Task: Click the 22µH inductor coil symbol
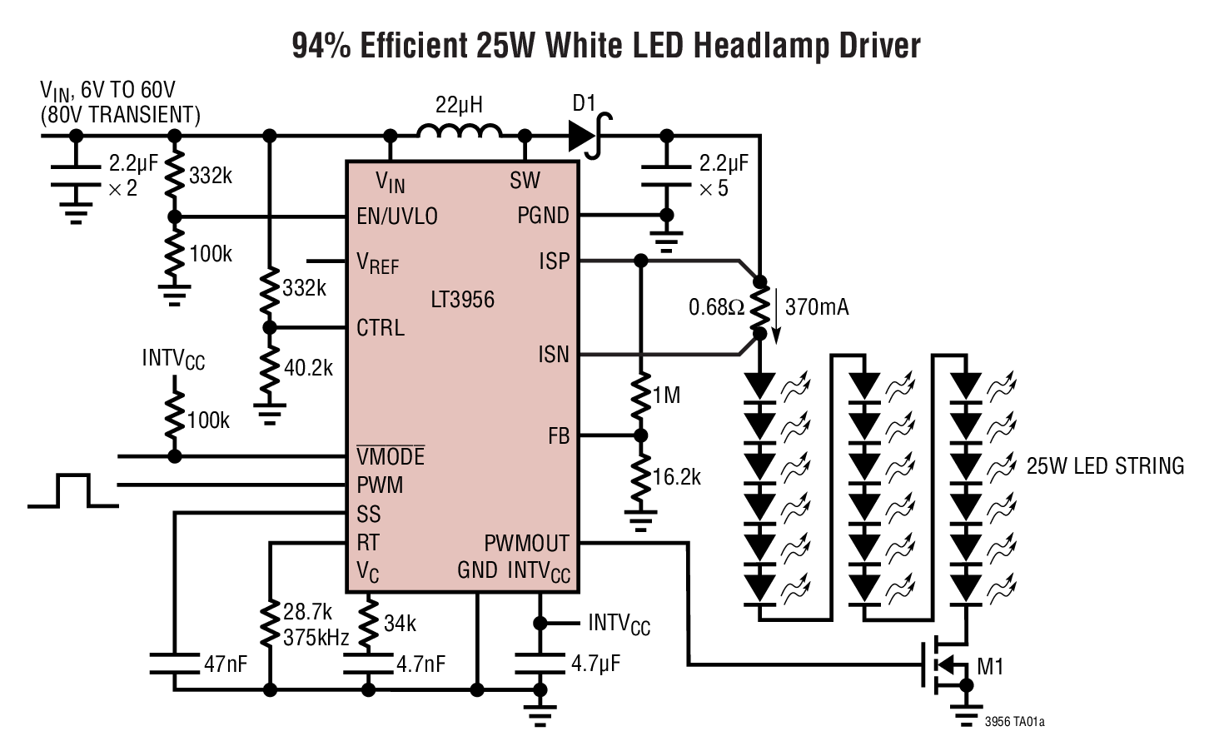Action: pos(459,132)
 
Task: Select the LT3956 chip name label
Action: pos(462,300)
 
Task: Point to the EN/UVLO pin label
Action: pos(396,216)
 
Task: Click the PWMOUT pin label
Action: pos(526,544)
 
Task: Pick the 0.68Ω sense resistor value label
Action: pos(716,308)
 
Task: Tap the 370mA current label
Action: pos(817,307)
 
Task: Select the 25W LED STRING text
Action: pos(1105,466)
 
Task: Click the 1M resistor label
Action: pos(667,395)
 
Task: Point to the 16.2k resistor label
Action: pos(676,477)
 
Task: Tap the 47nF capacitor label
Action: pos(226,664)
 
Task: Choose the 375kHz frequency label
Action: pos(316,638)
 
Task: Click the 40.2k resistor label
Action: pos(308,367)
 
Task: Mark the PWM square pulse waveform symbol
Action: pos(72,490)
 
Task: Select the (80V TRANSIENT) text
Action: pos(121,115)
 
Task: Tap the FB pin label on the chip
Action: pos(559,436)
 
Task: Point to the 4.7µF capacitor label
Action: pos(595,664)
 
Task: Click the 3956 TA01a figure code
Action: pos(1013,722)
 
